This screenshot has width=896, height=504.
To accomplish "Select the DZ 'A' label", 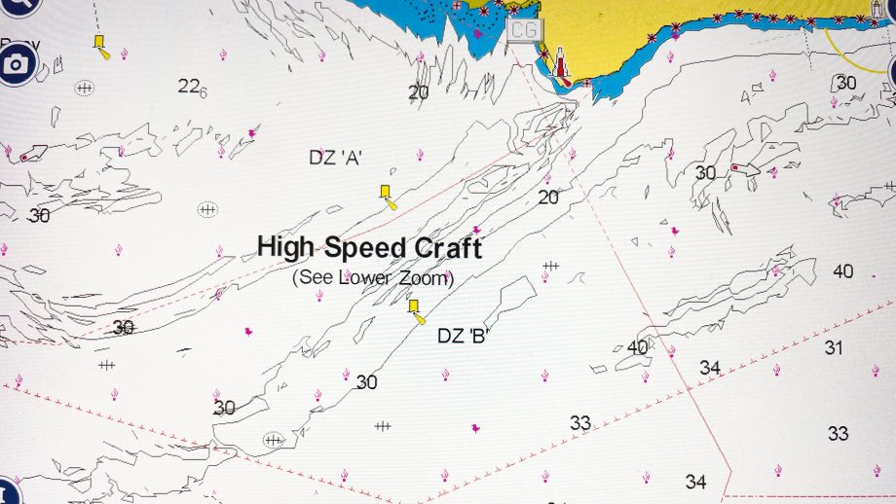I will [335, 157].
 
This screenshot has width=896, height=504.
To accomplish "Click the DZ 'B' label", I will [463, 337].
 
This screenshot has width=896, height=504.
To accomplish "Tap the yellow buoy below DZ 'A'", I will [387, 194].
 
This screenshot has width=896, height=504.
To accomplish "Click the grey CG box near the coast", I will [523, 29].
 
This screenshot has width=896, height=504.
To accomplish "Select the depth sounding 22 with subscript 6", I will [190, 87].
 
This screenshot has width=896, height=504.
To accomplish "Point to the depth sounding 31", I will [834, 347].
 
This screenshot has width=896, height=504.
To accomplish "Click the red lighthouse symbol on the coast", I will [561, 64].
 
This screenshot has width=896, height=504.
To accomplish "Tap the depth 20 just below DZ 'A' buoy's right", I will [548, 198].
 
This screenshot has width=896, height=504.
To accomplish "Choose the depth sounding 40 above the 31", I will [842, 271].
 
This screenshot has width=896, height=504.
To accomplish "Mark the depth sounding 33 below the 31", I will [838, 434].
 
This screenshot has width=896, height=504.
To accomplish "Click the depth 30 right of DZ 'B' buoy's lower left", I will [366, 382].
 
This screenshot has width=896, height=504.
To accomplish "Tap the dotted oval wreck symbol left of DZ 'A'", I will [207, 209].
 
